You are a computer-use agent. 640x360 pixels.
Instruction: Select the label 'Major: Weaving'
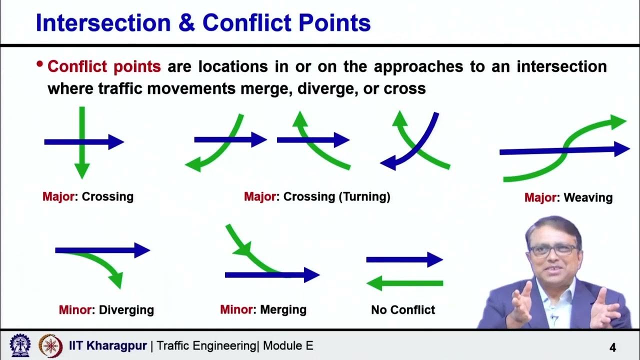(568, 197)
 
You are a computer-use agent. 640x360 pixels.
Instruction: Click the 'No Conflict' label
(403, 310)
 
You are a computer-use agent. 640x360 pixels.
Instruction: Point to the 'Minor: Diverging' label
(106, 310)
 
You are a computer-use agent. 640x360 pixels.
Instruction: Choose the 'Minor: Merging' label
(263, 309)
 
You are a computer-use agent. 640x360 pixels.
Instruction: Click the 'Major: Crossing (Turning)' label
(317, 196)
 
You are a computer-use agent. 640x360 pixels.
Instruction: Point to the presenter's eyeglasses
(553, 250)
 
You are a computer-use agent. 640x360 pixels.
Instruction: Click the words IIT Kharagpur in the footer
(108, 345)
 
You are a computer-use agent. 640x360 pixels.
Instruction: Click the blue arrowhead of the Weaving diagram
(622, 148)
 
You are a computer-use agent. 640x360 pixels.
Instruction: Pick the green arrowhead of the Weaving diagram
(619, 121)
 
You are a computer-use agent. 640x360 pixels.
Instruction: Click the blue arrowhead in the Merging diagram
(311, 274)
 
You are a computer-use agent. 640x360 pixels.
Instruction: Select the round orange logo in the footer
(50, 345)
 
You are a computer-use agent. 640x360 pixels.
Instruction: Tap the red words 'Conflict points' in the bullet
(104, 66)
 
